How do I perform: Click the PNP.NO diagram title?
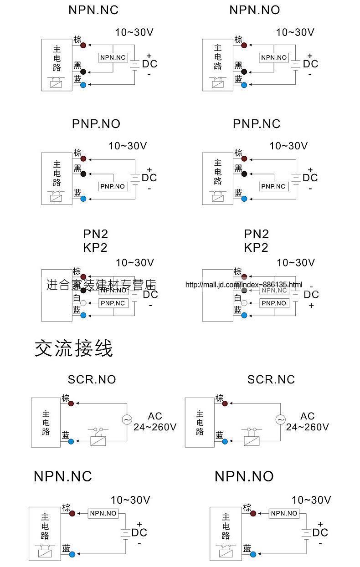tap(96, 124)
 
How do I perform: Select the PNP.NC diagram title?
tap(257, 124)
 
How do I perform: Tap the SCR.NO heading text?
tap(92, 379)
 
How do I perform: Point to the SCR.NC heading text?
tap(271, 379)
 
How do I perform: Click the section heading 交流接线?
tap(74, 348)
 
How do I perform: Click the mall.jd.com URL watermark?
tap(243, 285)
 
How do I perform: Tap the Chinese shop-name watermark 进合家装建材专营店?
tap(101, 285)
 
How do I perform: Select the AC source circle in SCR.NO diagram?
tap(127, 420)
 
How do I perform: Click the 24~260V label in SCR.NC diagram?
tap(307, 427)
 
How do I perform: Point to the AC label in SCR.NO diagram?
tap(155, 416)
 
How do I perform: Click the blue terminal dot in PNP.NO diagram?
tap(83, 199)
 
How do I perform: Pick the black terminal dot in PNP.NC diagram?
tap(244, 174)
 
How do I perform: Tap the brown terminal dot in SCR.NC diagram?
tap(225, 403)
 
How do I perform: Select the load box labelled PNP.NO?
tap(113, 186)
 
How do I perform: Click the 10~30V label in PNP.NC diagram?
tap(288, 146)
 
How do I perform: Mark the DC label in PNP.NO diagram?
tap(149, 178)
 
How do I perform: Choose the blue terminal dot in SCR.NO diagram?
tap(71, 441)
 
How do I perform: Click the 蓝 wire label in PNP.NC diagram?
tap(238, 193)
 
